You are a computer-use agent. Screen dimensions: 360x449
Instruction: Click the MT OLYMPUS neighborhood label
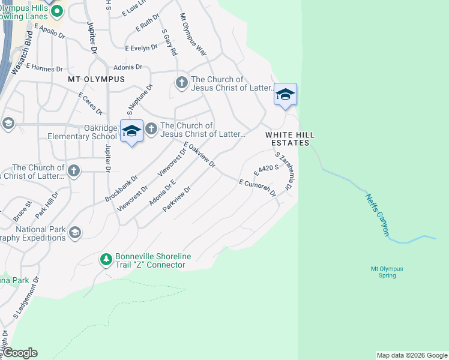[96, 79]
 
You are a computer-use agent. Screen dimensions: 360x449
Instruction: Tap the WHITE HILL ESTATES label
[288, 139]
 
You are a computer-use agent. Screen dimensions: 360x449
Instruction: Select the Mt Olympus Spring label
[387, 272]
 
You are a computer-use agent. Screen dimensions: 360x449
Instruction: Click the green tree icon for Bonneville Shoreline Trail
[106, 259]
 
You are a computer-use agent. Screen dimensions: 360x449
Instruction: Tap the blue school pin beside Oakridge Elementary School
[131, 131]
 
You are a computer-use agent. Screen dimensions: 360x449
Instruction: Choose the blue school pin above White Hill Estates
[286, 95]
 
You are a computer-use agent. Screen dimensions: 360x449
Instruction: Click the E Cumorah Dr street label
[257, 187]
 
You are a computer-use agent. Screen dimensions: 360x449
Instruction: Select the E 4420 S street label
[267, 170]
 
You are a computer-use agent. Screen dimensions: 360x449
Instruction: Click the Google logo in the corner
[20, 353]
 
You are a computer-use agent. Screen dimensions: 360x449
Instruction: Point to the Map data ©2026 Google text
[411, 355]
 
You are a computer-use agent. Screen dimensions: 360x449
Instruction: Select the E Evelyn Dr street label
[140, 47]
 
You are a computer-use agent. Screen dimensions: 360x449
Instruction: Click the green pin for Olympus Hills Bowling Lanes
[58, 11]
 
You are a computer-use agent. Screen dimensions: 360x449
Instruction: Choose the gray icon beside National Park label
[75, 232]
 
